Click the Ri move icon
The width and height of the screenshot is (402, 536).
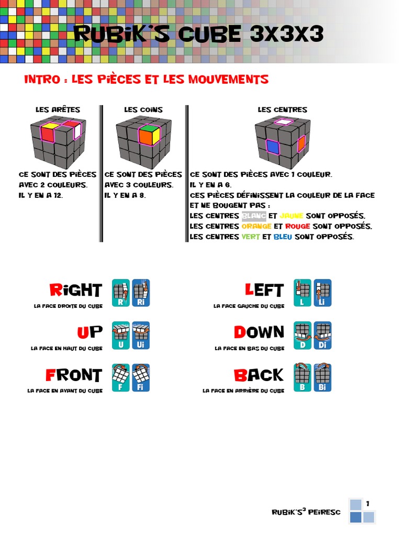[141, 293]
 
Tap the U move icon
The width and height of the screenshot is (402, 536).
[121, 336]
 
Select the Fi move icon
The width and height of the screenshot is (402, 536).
[141, 378]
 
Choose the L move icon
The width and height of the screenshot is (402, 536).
[303, 293]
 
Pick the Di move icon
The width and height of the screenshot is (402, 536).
[322, 336]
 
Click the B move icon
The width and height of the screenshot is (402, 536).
[303, 378]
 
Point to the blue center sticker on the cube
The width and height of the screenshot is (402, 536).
[272, 147]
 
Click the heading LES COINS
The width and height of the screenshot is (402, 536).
[143, 110]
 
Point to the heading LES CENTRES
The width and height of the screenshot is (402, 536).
[282, 110]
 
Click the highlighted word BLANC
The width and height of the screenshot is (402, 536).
[254, 216]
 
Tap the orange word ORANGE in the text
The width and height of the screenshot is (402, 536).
[256, 226]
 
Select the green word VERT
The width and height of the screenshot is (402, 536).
[251, 237]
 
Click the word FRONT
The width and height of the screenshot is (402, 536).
[74, 375]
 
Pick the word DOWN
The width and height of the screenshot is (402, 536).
[259, 332]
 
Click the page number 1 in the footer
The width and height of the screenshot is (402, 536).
[368, 504]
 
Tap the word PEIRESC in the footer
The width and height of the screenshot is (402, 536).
[325, 512]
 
